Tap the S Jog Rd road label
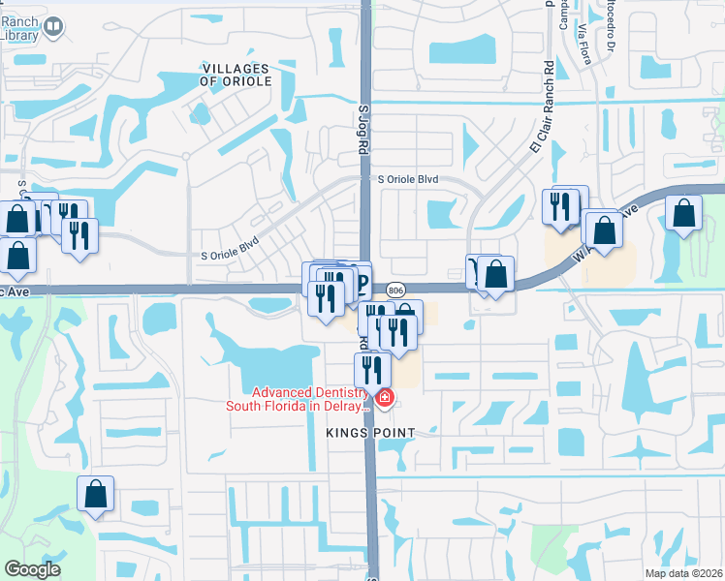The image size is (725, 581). (x=364, y=132)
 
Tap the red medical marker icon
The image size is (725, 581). (x=385, y=397)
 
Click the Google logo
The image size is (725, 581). (x=32, y=569)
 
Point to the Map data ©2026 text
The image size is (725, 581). (x=682, y=573)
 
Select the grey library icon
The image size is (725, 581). (x=54, y=28)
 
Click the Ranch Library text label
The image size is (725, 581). (x=20, y=28)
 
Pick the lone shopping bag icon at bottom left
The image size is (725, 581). (x=96, y=494)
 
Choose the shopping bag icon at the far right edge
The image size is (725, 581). (x=684, y=214)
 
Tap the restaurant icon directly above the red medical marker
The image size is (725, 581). (x=371, y=368)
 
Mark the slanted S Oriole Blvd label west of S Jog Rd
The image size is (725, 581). (x=230, y=248)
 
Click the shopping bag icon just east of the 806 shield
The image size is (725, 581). (x=496, y=274)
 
